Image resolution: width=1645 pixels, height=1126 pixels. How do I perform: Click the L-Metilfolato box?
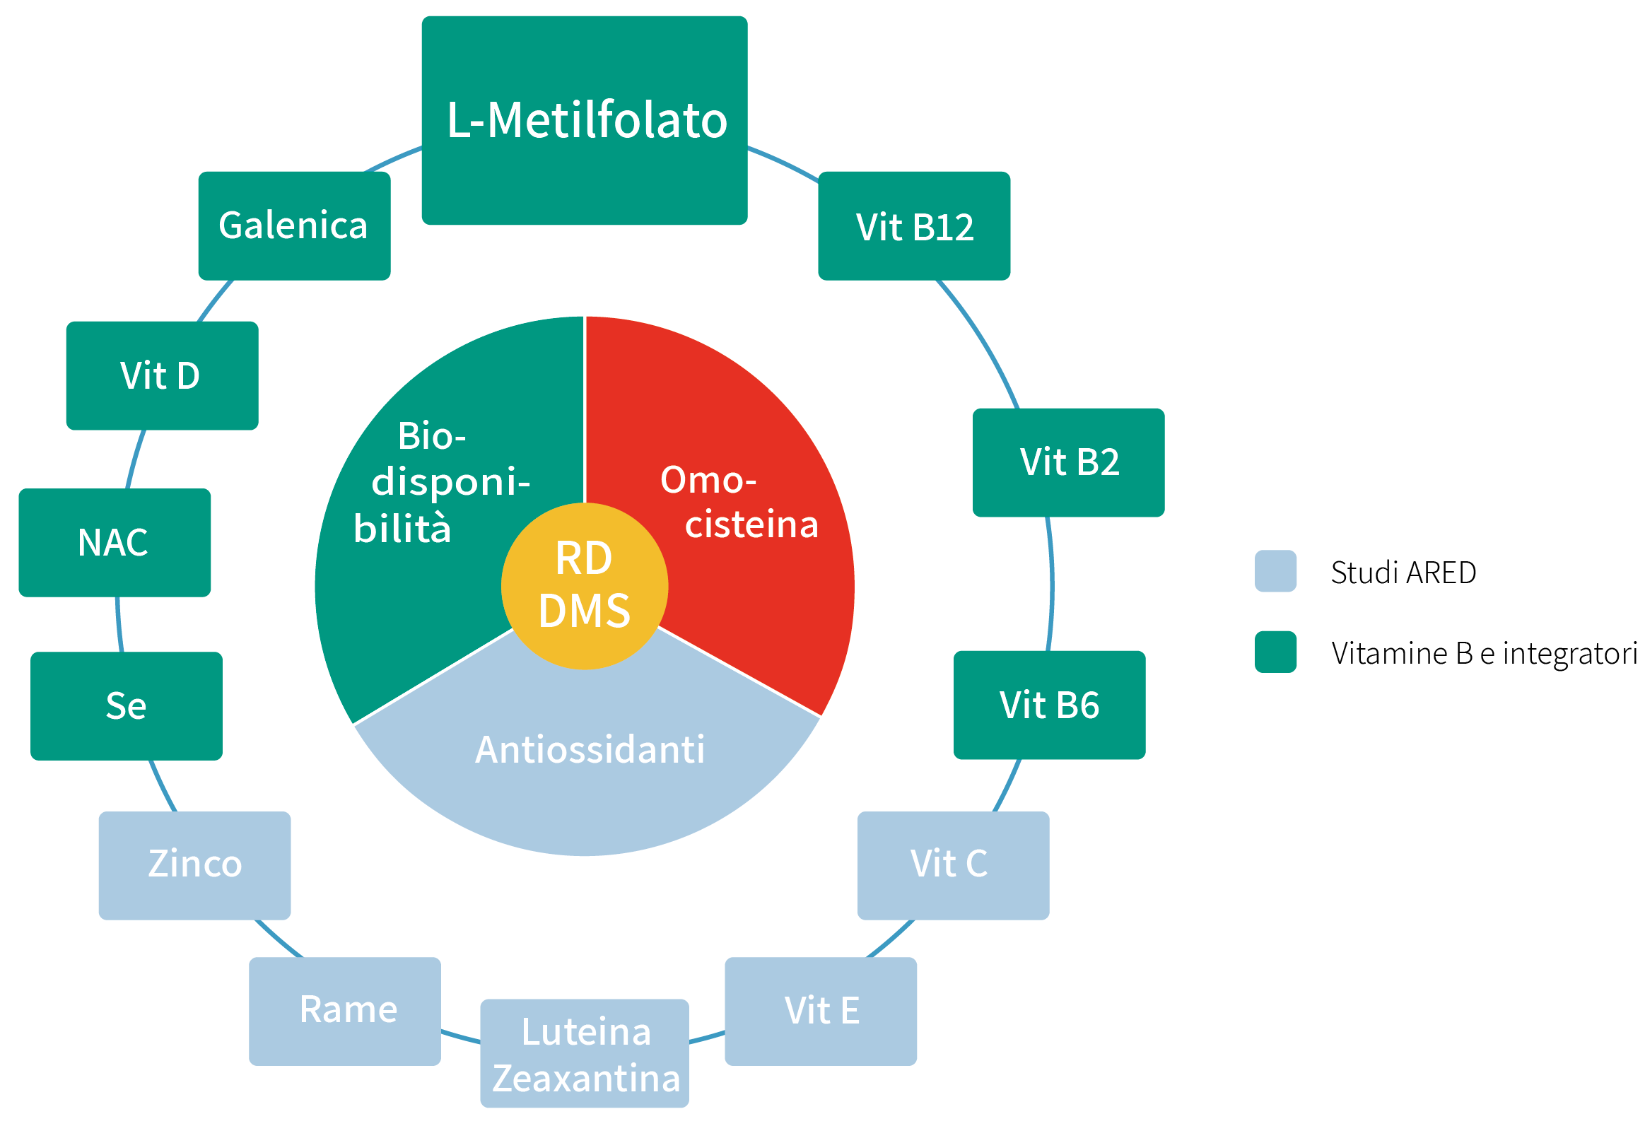click(584, 120)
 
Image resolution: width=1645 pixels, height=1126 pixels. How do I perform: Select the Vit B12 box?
click(914, 225)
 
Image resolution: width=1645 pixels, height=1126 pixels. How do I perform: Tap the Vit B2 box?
click(1068, 462)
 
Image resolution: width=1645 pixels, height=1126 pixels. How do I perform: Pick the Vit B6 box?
click(1049, 705)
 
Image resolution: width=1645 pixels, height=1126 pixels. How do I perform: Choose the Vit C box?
click(953, 865)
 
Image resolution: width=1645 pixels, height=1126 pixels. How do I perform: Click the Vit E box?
click(820, 1011)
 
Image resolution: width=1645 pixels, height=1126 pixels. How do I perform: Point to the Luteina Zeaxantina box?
click(585, 1053)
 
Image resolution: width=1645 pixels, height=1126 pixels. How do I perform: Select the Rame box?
click(345, 1011)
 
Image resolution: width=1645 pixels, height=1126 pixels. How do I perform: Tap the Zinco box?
click(194, 865)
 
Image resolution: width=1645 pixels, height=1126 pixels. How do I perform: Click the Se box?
click(127, 705)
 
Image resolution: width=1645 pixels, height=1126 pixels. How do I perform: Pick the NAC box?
click(115, 543)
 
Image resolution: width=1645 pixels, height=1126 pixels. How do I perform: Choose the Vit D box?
click(162, 376)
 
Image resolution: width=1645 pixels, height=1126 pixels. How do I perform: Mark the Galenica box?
click(294, 225)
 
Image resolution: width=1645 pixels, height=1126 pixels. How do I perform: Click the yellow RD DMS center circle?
click(584, 586)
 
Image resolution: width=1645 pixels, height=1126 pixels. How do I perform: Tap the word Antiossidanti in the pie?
click(590, 749)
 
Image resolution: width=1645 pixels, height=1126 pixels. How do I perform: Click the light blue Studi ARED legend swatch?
click(1275, 571)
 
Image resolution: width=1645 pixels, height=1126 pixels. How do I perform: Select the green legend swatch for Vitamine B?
click(1275, 652)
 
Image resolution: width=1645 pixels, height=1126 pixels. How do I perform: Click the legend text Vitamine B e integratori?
click(1484, 653)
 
